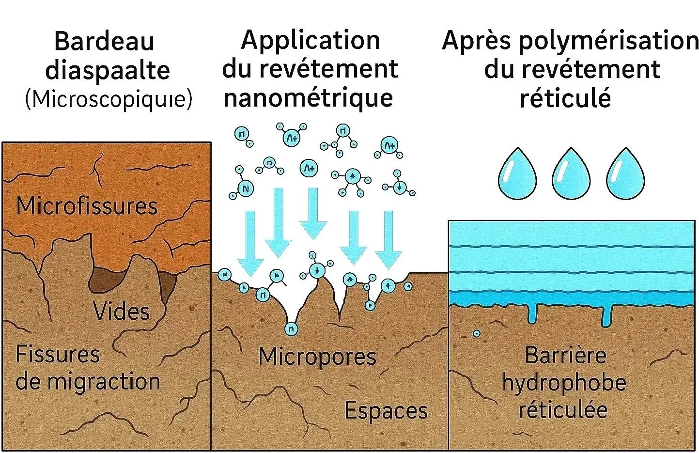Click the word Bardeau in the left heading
(104, 41)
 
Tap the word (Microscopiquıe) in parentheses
(109, 99)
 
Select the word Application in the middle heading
(311, 40)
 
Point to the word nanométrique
(308, 97)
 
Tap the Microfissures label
(87, 206)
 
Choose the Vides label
(121, 311)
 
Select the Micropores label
(317, 357)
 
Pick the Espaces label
(386, 410)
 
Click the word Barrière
(565, 355)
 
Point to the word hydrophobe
(564, 383)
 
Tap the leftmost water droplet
(517, 174)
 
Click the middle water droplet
(571, 174)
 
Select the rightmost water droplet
(625, 174)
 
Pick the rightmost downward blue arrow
(388, 240)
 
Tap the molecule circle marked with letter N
(246, 188)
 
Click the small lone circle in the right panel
(477, 334)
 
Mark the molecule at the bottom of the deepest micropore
(291, 329)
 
